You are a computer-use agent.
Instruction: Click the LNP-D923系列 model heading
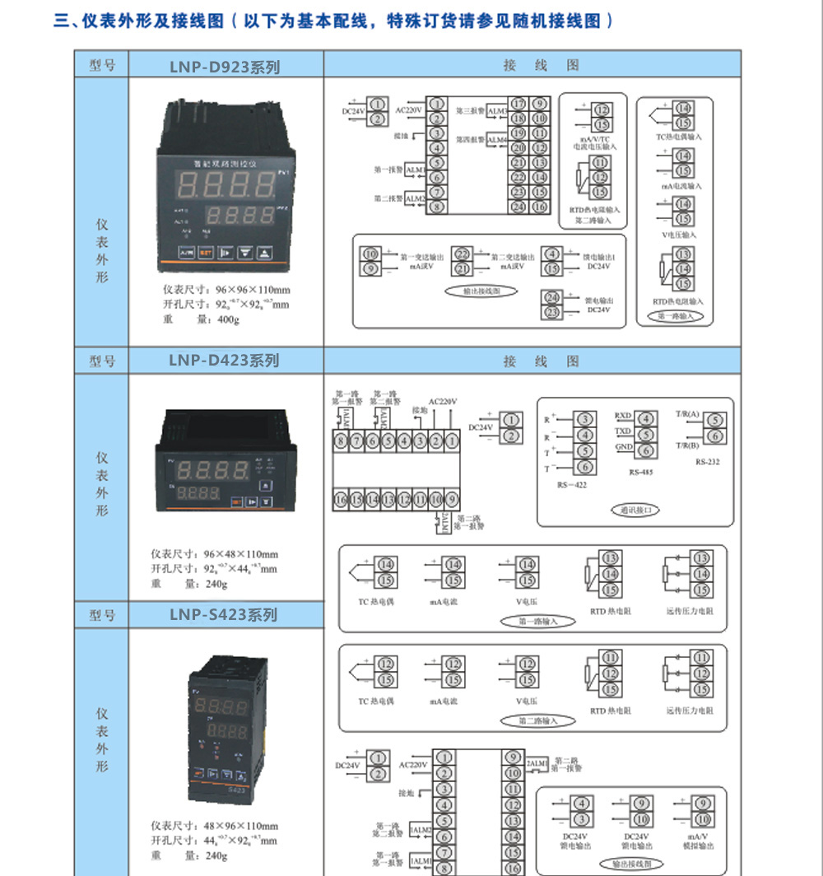point(225,66)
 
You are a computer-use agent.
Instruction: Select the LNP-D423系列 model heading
point(225,361)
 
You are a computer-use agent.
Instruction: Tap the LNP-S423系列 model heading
point(223,615)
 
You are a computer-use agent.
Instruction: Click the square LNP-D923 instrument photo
point(226,186)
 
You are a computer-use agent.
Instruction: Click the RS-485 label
point(639,473)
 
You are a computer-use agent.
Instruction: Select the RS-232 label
point(707,462)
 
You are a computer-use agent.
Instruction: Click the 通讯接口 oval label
point(635,510)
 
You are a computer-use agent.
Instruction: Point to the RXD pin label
point(623,417)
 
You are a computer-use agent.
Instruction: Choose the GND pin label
point(624,447)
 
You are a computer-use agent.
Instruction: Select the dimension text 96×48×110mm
point(241,554)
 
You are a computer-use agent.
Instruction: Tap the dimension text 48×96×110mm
point(241,826)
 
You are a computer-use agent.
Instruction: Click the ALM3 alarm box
point(497,110)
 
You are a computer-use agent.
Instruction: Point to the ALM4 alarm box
point(497,141)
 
